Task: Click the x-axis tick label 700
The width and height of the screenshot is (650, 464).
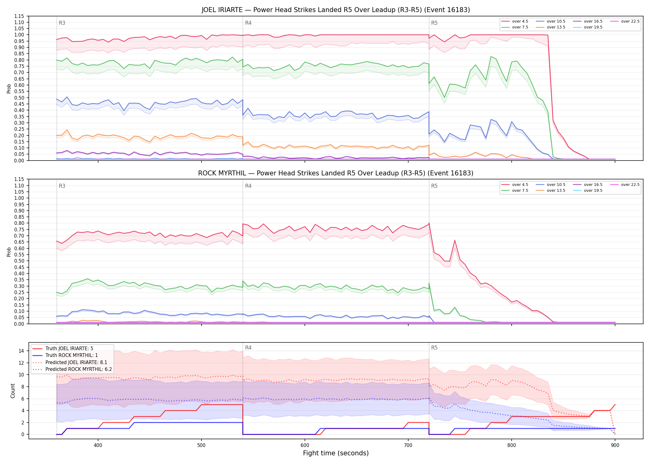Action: (x=408, y=445)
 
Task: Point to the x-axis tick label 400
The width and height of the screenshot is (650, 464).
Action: (x=98, y=445)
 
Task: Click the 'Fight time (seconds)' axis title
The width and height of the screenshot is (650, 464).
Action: (x=336, y=453)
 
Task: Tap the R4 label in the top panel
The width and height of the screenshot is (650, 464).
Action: (x=248, y=23)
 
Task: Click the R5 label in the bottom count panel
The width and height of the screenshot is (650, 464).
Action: (x=434, y=348)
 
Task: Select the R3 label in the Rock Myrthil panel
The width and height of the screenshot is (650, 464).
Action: (x=62, y=186)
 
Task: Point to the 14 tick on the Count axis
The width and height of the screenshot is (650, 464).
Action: (x=21, y=351)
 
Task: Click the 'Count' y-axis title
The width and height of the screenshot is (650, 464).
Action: (x=13, y=391)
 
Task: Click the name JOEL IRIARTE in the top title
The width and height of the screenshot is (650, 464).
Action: (x=222, y=10)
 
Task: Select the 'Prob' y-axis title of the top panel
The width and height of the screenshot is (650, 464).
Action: (x=9, y=89)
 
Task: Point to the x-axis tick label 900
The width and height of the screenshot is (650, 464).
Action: (x=615, y=445)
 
